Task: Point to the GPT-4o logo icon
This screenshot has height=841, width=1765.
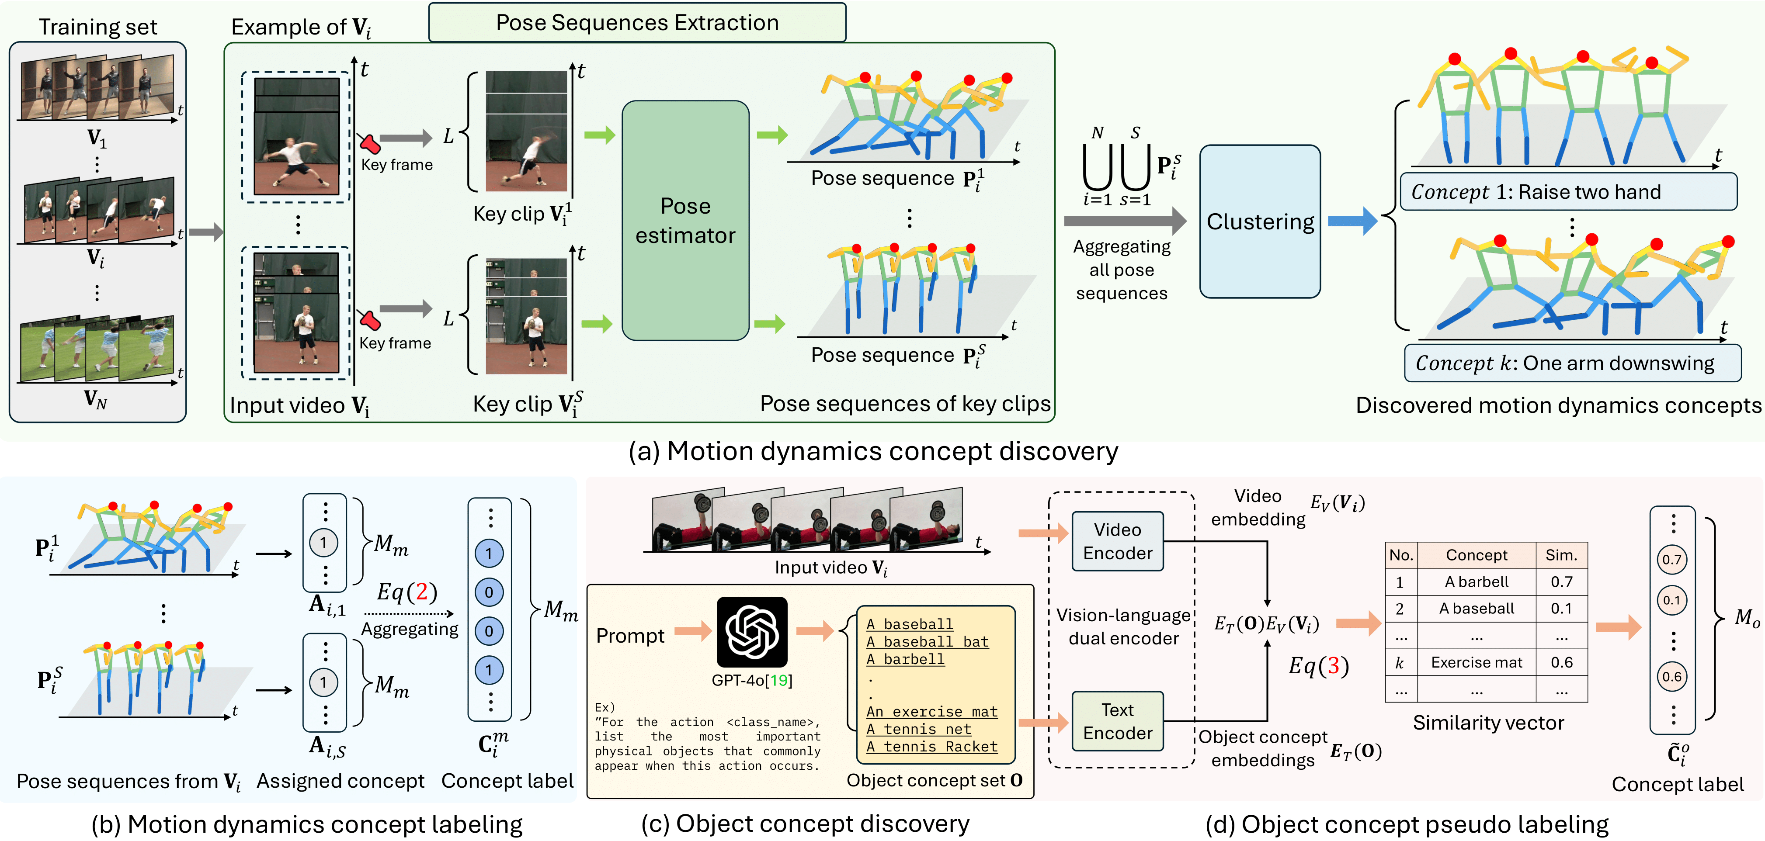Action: (x=752, y=631)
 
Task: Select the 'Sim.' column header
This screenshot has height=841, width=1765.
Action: (x=1561, y=555)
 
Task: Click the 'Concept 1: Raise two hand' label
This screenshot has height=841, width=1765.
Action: (x=1568, y=192)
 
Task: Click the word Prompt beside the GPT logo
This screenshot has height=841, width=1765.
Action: (x=630, y=636)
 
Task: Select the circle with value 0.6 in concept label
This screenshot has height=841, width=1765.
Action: (x=1672, y=677)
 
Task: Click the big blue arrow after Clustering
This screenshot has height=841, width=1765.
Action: (x=1352, y=221)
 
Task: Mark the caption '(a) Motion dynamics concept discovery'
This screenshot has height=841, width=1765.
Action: (x=873, y=451)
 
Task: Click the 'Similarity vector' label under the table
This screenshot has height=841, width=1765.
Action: (x=1488, y=723)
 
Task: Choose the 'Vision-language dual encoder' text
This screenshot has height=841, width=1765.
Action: (x=1123, y=626)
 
